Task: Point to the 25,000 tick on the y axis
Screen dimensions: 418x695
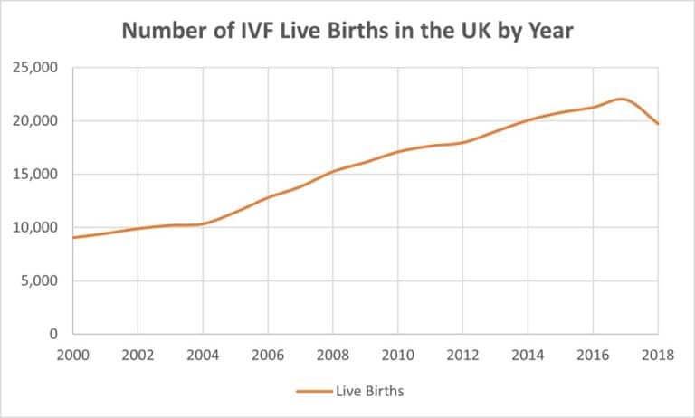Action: pos(37,68)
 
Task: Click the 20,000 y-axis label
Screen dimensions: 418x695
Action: pos(37,121)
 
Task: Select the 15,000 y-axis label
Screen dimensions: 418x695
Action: pos(37,175)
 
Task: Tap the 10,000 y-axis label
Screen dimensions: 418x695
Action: pos(37,228)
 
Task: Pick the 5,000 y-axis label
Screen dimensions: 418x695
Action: pos(41,281)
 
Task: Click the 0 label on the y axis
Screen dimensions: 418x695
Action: pos(53,335)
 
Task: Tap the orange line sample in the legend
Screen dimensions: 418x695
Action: pos(313,391)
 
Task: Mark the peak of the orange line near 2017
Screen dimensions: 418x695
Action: pos(622,99)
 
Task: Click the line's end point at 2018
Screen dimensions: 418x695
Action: pos(658,124)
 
